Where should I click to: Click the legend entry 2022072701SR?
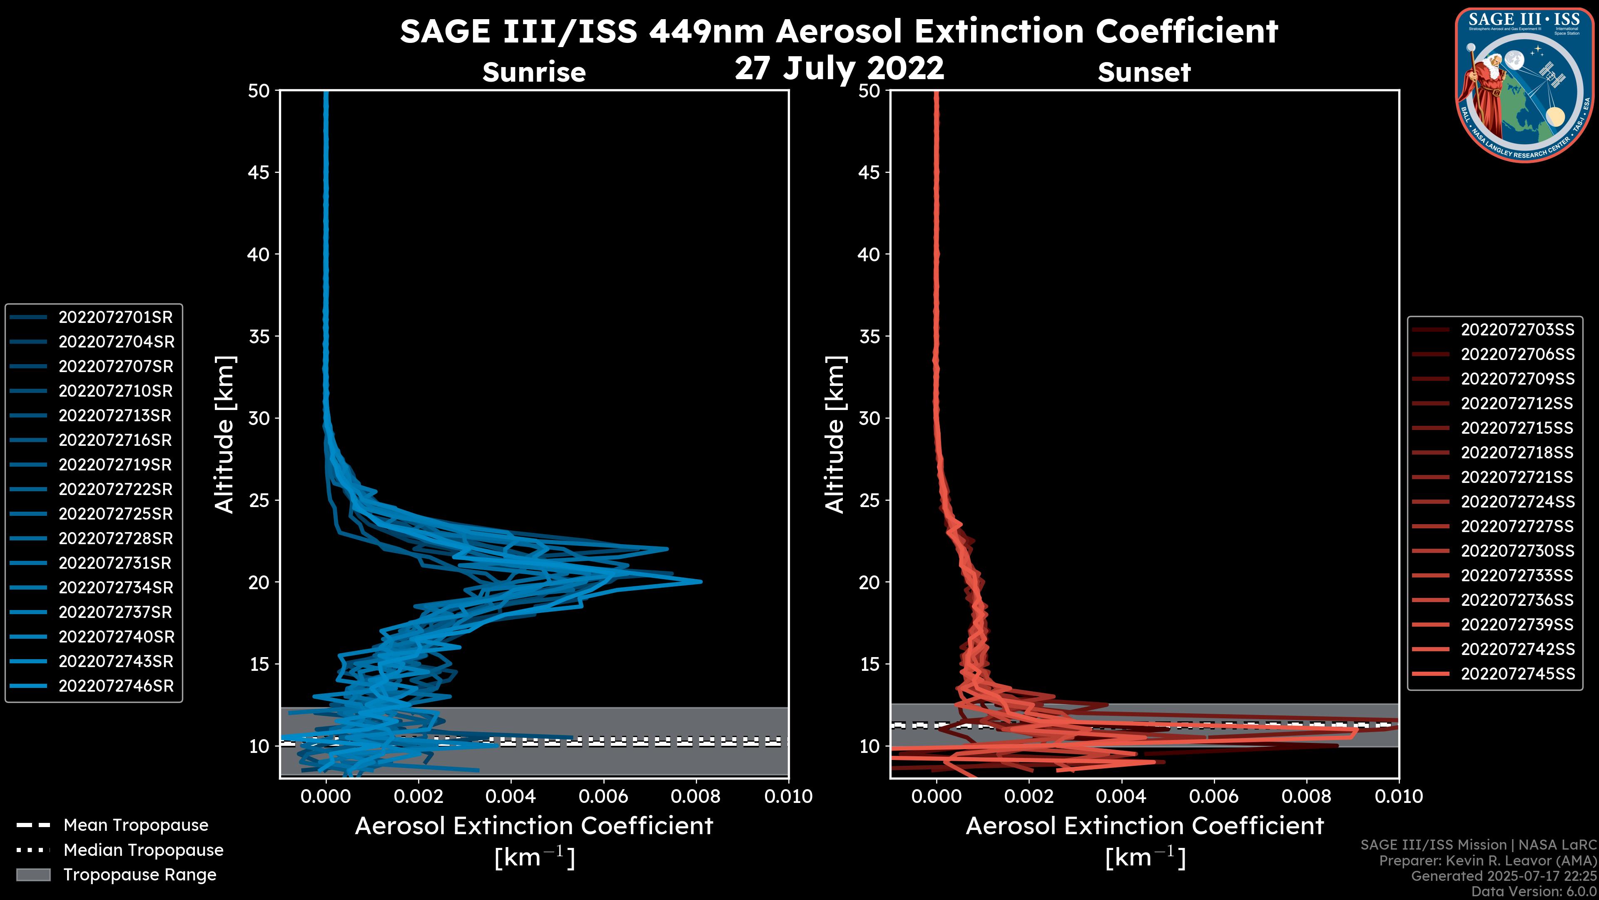click(115, 317)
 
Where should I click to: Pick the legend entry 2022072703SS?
click(1517, 330)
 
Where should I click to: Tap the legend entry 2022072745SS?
click(1517, 674)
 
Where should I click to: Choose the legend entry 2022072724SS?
click(1517, 502)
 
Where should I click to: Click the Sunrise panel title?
click(534, 72)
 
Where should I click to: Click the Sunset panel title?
click(1144, 72)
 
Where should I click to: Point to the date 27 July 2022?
click(839, 68)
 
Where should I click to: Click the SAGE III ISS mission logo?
click(1524, 85)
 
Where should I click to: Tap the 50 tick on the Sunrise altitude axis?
click(259, 91)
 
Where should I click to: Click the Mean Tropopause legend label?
click(136, 825)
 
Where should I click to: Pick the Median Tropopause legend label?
click(143, 850)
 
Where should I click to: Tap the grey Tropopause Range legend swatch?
click(33, 875)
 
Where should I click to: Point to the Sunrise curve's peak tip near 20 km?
click(700, 582)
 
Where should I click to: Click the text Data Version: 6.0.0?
click(1534, 892)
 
